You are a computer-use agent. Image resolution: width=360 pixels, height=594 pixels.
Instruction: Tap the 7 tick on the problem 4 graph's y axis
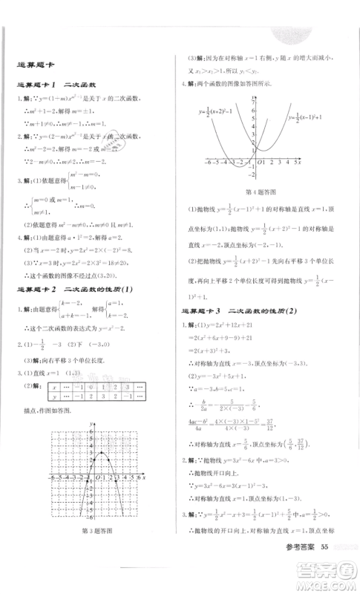tap(252, 97)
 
